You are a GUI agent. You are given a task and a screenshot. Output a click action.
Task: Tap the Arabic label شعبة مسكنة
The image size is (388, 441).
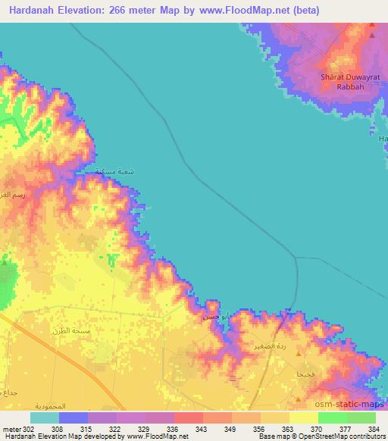pos(114,173)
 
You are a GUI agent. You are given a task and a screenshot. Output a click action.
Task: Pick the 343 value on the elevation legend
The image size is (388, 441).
pos(202,428)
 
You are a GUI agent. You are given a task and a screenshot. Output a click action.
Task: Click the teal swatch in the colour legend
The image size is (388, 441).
pos(45,418)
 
